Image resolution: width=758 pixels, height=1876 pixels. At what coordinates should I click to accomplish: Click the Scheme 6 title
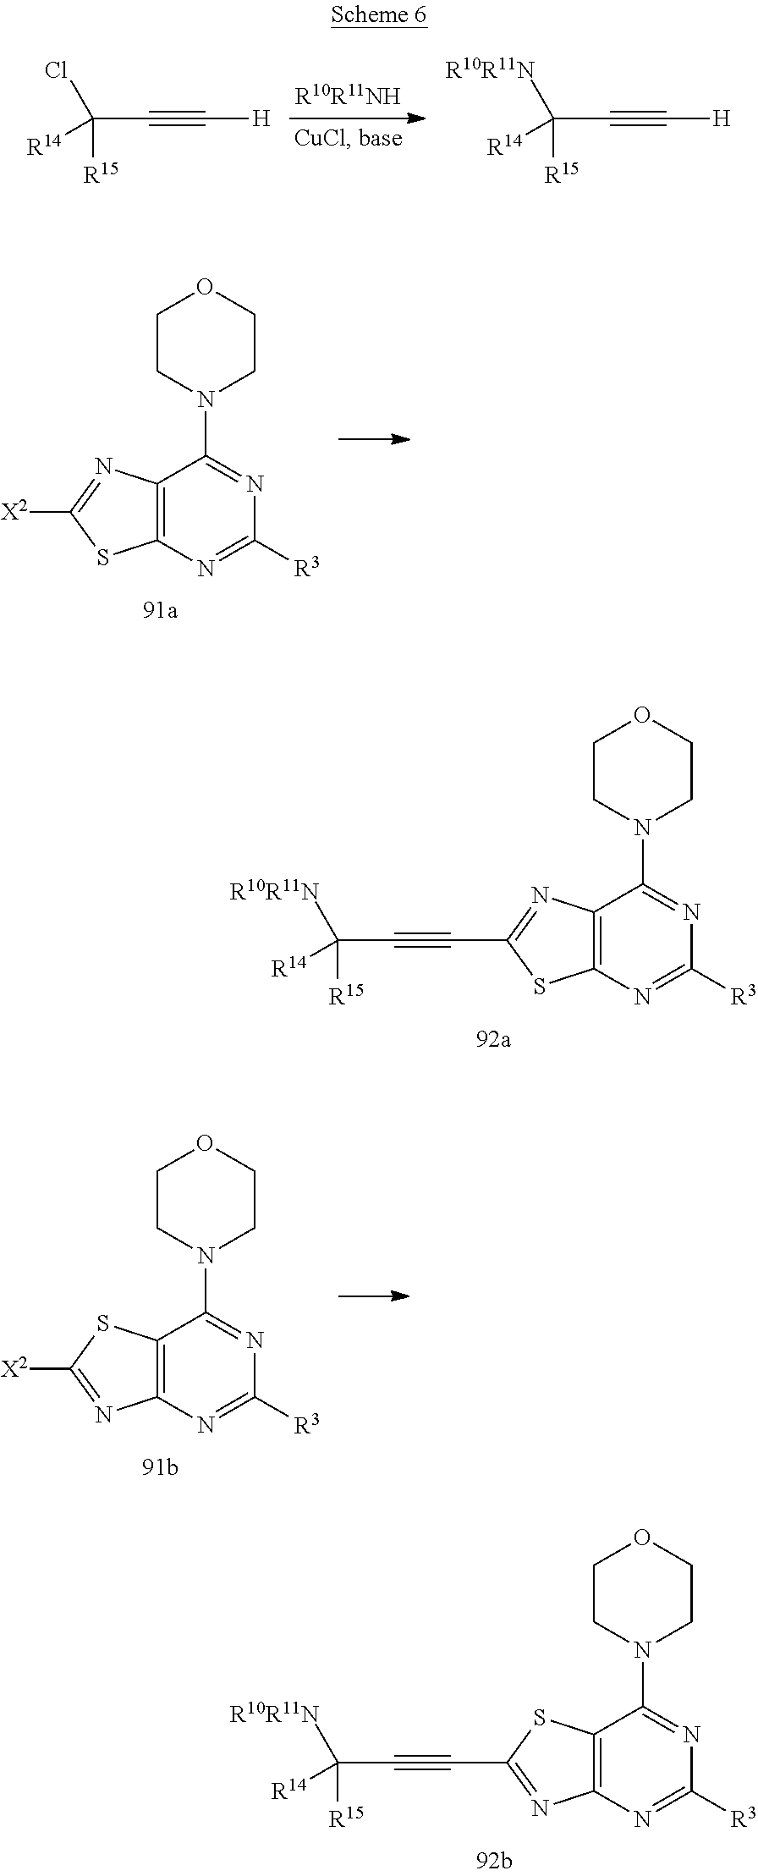coord(378,15)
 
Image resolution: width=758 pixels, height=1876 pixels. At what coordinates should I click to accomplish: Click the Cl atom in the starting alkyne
coord(57,70)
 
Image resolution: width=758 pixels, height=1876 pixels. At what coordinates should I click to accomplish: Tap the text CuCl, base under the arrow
coord(348,138)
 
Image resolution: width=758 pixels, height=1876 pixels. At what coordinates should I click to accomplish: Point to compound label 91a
coord(160,610)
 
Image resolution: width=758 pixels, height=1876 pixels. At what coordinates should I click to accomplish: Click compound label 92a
coord(493,1039)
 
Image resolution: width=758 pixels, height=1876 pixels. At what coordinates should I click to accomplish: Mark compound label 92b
coord(494,1859)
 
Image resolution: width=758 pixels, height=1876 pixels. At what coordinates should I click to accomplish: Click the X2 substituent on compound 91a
coord(14,512)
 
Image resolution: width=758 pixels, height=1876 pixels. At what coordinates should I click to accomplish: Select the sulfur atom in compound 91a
coord(104,558)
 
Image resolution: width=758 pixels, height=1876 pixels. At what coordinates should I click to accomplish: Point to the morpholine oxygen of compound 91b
coord(204,1144)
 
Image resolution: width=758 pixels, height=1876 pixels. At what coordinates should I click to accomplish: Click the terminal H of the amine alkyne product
coord(721,118)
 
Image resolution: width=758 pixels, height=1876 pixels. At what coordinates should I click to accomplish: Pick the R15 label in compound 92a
coord(345,997)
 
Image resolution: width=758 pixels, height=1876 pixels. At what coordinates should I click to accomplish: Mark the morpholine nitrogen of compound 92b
coord(643,1650)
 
